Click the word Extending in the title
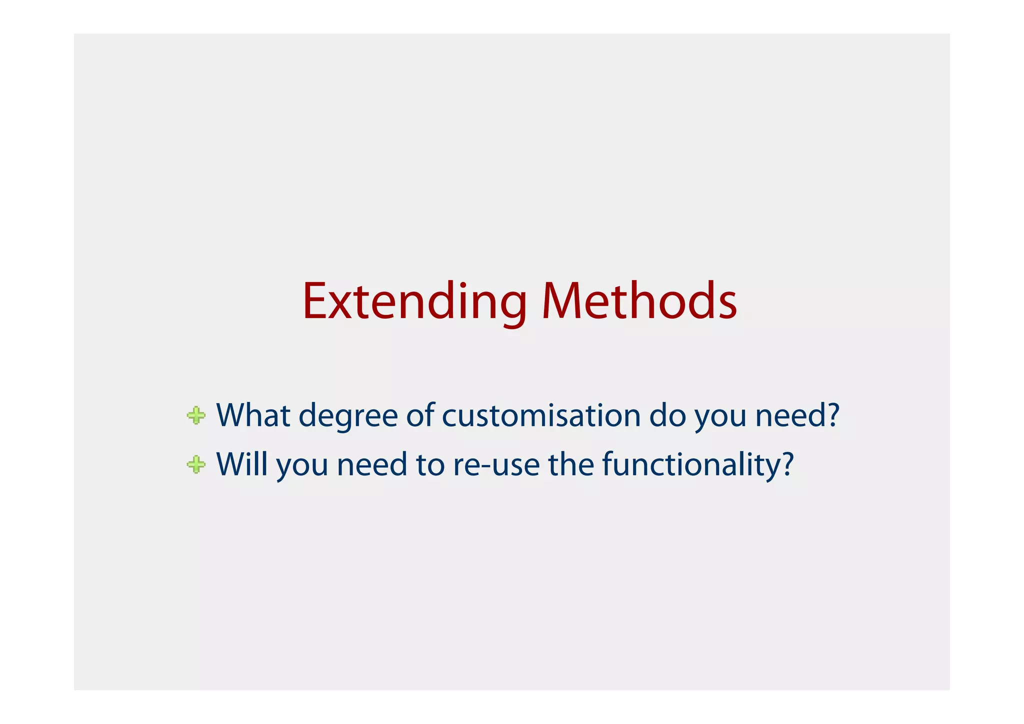tap(414, 301)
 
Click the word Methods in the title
tap(639, 301)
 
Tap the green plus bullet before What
tap(196, 415)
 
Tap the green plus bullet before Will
tap(196, 464)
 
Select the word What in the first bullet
tap(253, 415)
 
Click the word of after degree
tap(420, 415)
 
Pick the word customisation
tap(541, 415)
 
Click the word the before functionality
tap(570, 464)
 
